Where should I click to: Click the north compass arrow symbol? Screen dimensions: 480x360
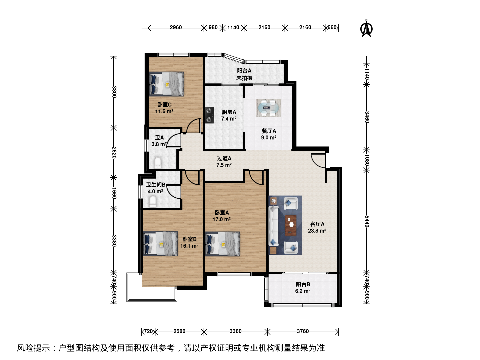pos(367,28)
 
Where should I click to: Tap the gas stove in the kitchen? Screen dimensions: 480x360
pos(209,115)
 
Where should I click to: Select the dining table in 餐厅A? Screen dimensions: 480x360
pos(269,108)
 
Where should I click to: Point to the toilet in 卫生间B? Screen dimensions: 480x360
pos(152,201)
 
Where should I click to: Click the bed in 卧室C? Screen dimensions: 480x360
pos(167,84)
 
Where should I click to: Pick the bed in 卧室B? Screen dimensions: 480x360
pos(160,244)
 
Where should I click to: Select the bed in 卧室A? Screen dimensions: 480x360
pos(223,244)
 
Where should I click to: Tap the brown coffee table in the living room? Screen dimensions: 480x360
pos(291,225)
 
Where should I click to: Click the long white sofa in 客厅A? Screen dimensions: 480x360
pos(274,226)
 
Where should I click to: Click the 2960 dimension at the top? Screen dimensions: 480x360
pos(176,28)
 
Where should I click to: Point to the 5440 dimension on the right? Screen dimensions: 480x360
pos(367,221)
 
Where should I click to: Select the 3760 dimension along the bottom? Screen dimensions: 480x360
pos(303,331)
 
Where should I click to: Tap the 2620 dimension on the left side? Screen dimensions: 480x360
pos(114,152)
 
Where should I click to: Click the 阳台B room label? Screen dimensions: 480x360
pos(303,284)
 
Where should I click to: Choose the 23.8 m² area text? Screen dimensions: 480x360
pos(317,231)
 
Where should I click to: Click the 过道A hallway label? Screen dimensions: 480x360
pos(224,158)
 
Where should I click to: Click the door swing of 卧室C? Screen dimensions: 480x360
pos(194,126)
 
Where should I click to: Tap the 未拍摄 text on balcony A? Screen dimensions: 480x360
pos(244,78)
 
